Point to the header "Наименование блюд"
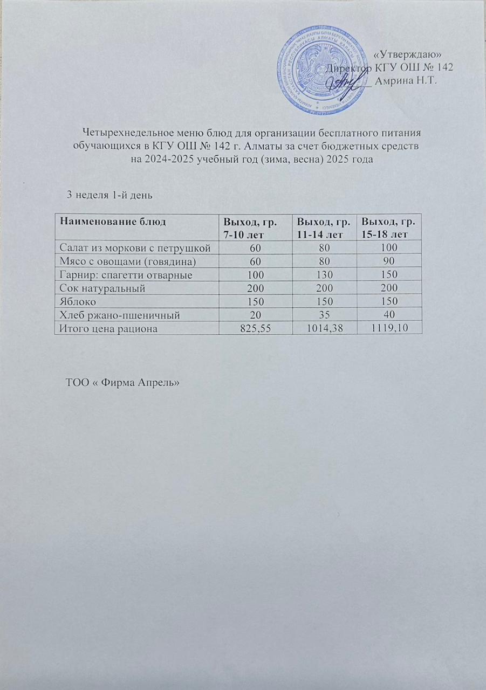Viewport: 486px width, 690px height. click(109, 222)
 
